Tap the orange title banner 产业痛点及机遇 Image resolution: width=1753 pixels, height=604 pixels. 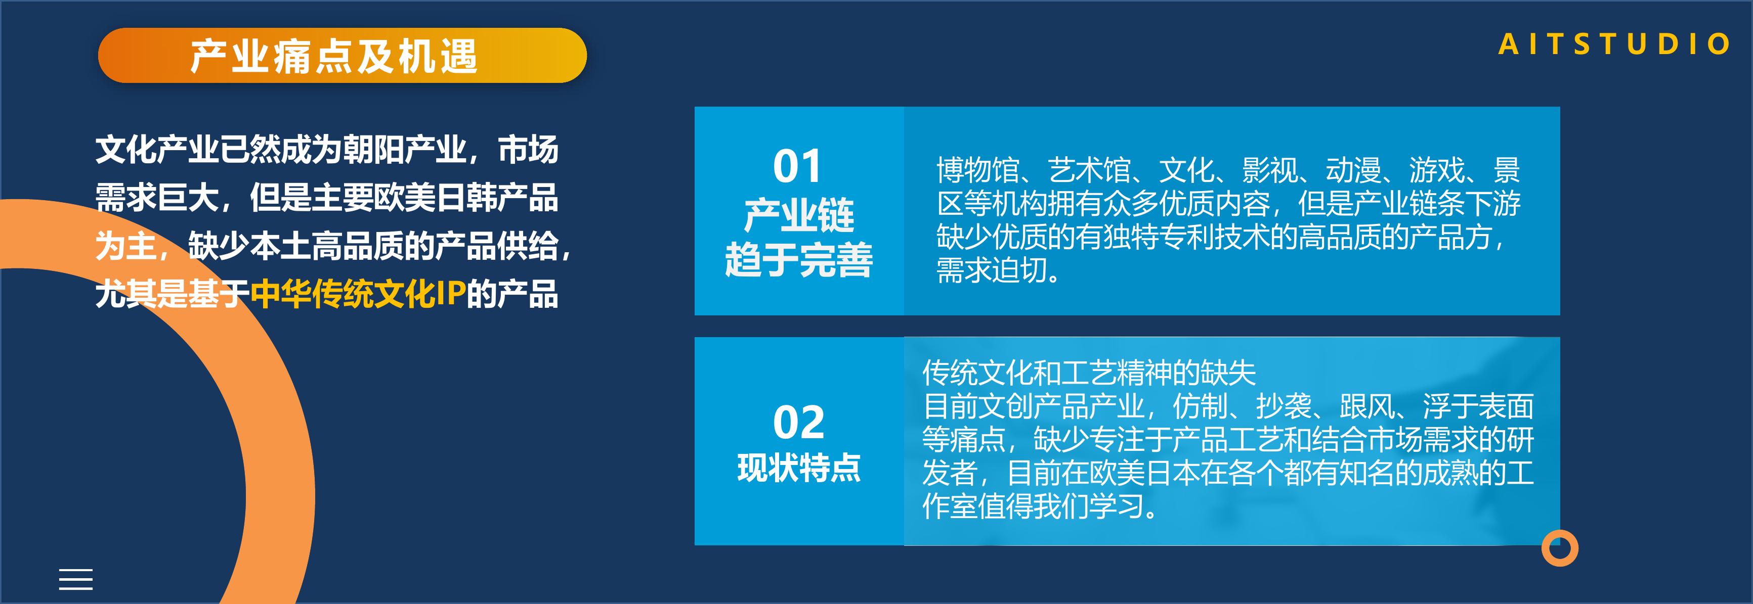coord(343,55)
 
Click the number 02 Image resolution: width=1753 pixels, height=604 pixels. coord(798,423)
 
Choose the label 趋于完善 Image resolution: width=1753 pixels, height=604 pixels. coord(798,260)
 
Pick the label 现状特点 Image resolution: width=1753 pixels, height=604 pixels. coord(799,468)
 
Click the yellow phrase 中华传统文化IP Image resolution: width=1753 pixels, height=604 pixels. coord(358,294)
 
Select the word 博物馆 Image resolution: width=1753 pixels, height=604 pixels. coord(978,170)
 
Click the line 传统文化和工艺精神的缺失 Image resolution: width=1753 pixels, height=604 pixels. coord(1089,372)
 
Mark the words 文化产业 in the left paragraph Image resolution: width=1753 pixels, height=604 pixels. coord(157,150)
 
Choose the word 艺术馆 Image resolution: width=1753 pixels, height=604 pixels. coord(1089,170)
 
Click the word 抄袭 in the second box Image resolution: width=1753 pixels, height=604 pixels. coord(1284,406)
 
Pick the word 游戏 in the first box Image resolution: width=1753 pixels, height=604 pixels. coord(1437,170)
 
